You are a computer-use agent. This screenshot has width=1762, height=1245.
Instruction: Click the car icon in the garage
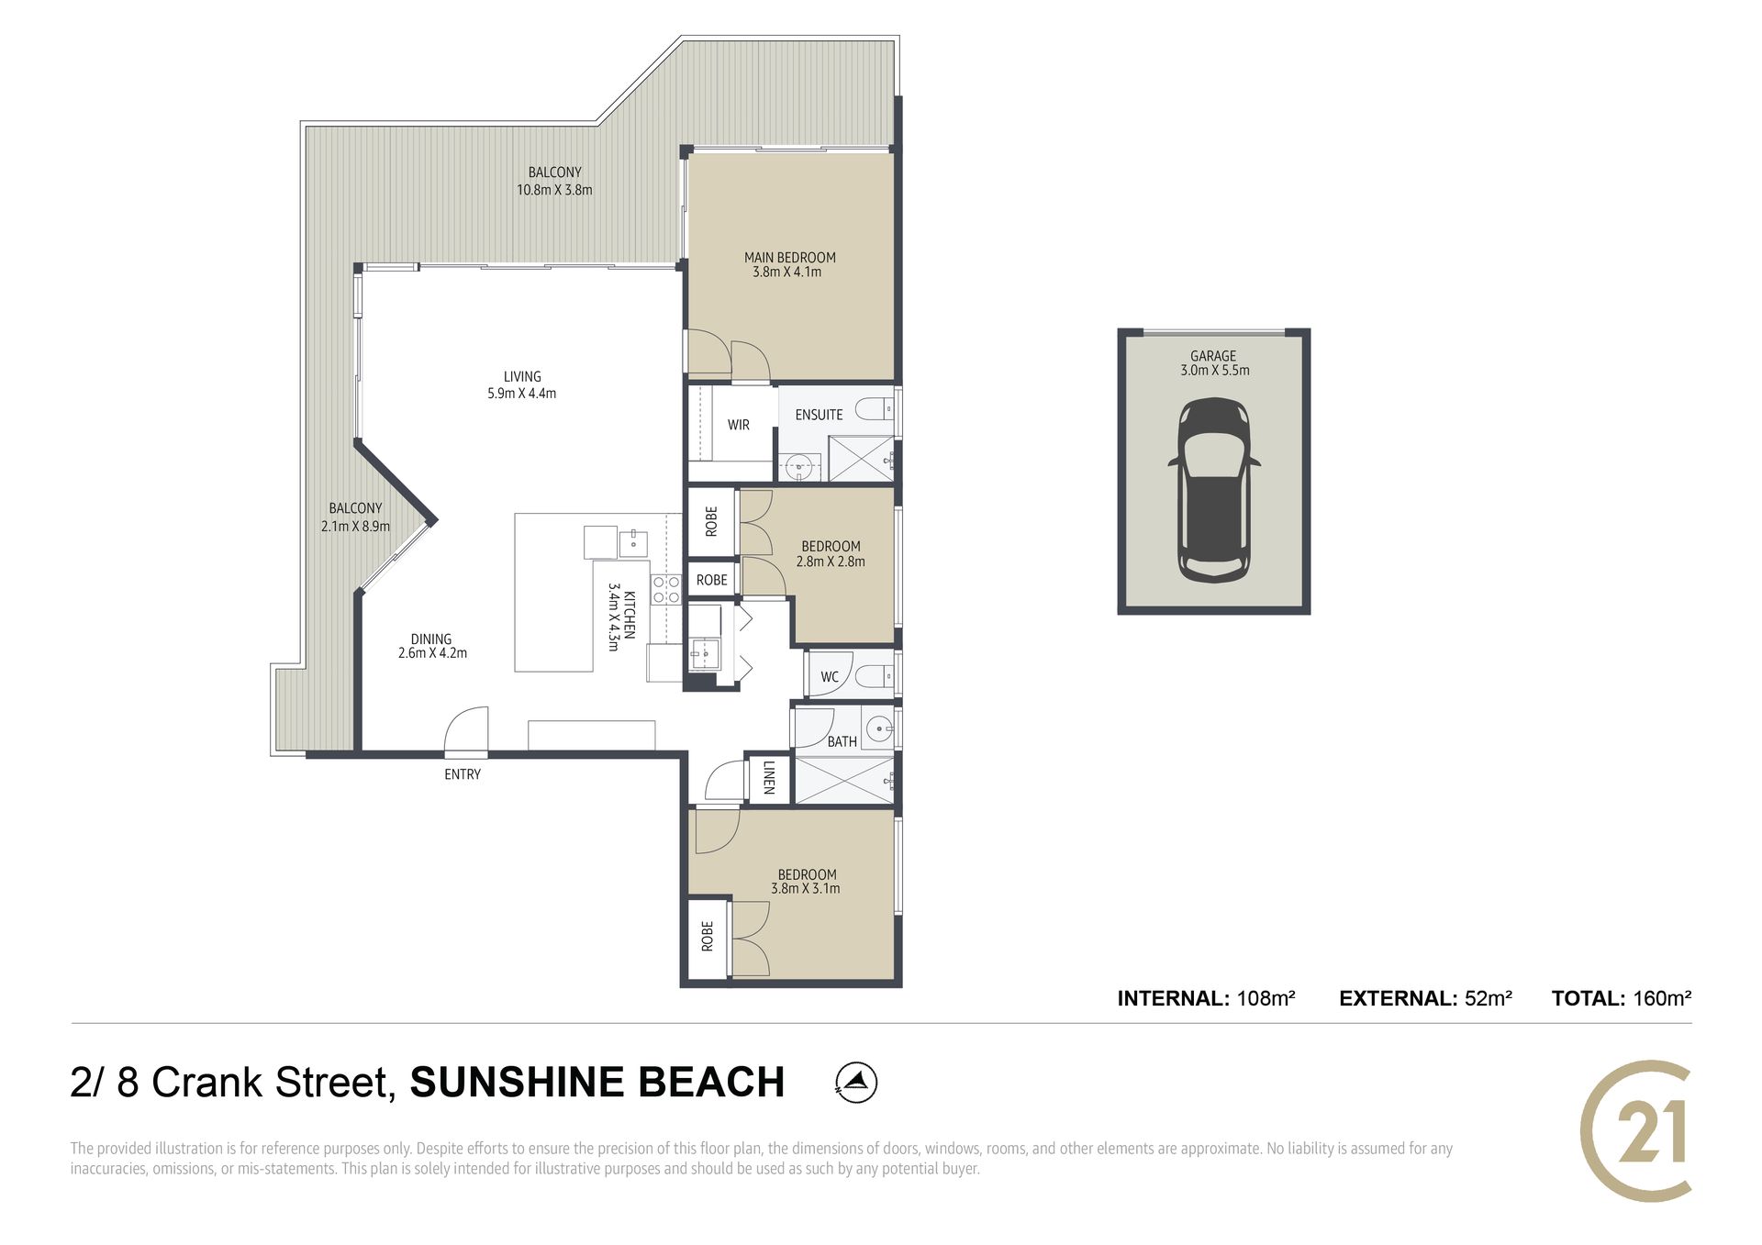pyautogui.click(x=1213, y=490)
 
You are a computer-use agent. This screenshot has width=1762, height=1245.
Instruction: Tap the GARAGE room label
pyautogui.click(x=1213, y=356)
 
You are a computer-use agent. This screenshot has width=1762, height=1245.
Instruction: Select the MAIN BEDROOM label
pyautogui.click(x=789, y=258)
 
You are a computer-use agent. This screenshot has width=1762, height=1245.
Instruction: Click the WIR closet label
pyautogui.click(x=739, y=425)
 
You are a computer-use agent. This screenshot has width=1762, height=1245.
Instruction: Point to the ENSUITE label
pyautogui.click(x=819, y=415)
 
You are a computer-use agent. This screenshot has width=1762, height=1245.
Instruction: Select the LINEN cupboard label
pyautogui.click(x=769, y=777)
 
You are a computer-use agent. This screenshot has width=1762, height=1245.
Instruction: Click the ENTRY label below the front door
pyautogui.click(x=463, y=774)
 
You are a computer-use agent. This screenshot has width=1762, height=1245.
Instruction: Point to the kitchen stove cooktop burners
pyautogui.click(x=666, y=589)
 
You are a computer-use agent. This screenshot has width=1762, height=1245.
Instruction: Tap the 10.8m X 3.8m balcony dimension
pyautogui.click(x=554, y=190)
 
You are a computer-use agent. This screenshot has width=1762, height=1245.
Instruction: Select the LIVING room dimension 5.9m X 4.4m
pyautogui.click(x=521, y=394)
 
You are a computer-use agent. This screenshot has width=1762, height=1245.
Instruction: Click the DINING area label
pyautogui.click(x=431, y=639)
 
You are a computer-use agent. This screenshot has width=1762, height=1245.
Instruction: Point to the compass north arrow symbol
pyautogui.click(x=856, y=1083)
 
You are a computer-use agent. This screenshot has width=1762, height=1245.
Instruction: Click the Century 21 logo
pyautogui.click(x=1635, y=1130)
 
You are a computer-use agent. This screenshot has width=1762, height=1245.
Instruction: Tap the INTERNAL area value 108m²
pyautogui.click(x=1266, y=998)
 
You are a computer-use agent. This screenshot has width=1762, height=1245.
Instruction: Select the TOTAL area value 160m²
pyautogui.click(x=1662, y=998)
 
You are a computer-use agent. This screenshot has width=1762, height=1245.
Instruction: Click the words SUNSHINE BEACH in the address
pyautogui.click(x=597, y=1083)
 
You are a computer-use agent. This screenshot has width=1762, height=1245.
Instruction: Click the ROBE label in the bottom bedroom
pyautogui.click(x=708, y=937)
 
